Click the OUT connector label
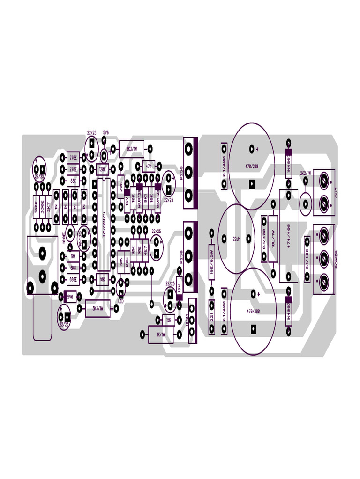336,192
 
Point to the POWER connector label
336,260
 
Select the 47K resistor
149,166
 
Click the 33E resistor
73,180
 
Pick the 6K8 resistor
73,268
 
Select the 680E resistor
73,280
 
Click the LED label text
121,302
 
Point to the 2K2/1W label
305,173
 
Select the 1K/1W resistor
160,334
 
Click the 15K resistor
168,320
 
